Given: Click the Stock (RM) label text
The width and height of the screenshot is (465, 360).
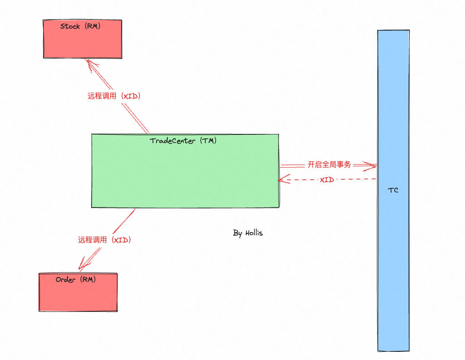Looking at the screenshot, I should pos(80,26).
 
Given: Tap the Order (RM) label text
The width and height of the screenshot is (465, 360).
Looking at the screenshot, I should pos(76,280).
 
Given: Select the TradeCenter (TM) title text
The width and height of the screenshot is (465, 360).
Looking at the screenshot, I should pos(183,141).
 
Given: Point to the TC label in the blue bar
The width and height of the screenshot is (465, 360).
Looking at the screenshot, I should pos(393,190).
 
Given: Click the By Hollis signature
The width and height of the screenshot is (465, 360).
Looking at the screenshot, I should pos(248,233).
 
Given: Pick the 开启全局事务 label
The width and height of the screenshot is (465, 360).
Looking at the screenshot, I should pos(329,165).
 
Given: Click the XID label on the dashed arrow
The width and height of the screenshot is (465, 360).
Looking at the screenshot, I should pos(327,180).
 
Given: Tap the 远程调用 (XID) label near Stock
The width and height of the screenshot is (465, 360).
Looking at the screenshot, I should pos(114,96).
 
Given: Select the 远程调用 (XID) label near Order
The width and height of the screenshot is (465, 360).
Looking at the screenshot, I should pos(104,240).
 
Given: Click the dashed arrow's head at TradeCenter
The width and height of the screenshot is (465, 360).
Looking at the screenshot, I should pos(281,180).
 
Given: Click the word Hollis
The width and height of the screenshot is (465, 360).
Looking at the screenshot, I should pos(254,233).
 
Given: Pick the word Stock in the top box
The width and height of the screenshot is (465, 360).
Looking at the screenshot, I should pos(70,26).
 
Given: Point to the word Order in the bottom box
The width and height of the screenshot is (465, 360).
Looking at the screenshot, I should pos(66,280).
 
